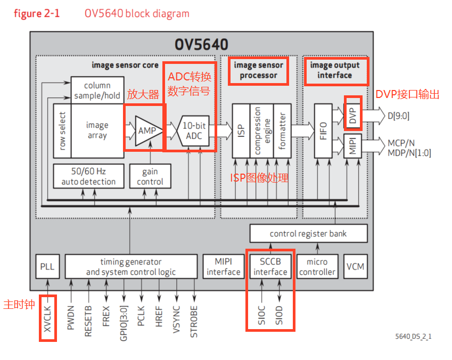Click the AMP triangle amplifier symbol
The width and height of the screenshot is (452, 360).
pos(147,130)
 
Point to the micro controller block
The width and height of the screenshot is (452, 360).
pos(317,267)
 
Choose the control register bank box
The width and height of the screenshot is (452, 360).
pos(308,234)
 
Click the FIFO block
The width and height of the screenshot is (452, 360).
pos(323,130)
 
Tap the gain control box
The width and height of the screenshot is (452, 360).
pos(150,177)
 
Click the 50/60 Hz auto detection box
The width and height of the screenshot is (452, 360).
pos(88,177)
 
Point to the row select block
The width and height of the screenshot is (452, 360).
pos(62,130)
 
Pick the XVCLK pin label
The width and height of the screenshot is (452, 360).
pos(48,318)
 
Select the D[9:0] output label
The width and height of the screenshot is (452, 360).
pos(398,116)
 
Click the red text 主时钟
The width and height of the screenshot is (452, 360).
pos(19,304)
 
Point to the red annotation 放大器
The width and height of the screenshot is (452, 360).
pos(143,95)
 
